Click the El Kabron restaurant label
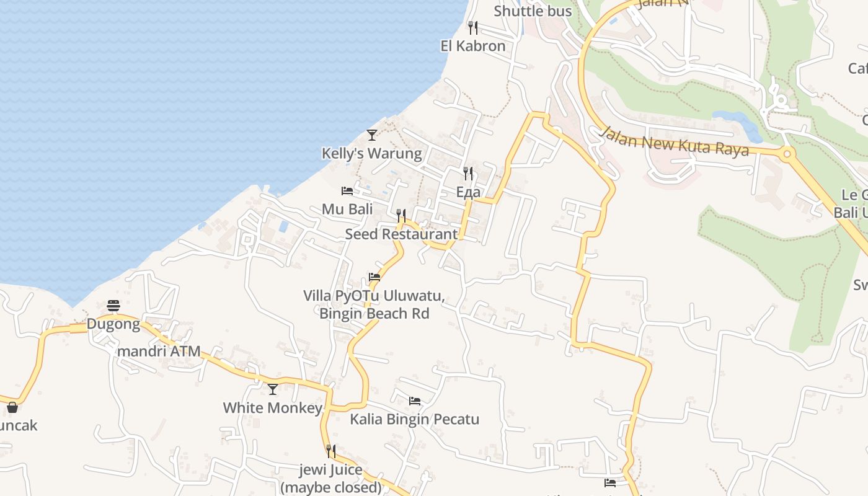coord(473,46)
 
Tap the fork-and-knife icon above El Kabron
coord(473,27)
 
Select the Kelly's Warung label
coord(371,153)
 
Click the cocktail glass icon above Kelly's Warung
coord(371,135)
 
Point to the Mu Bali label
coord(347,209)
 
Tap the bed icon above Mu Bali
coord(347,190)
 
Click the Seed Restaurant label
coord(401,234)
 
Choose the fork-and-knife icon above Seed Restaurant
coord(401,215)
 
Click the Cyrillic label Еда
coord(468,192)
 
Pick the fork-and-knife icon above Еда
coord(468,173)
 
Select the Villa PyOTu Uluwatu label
coord(374,296)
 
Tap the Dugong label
coord(113,324)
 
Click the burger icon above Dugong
coord(113,305)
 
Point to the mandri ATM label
coord(159,352)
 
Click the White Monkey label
coord(273,407)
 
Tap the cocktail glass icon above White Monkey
coord(273,389)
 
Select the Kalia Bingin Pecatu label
coord(414,419)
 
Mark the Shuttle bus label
coord(533,11)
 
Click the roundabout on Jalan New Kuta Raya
coord(787,153)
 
